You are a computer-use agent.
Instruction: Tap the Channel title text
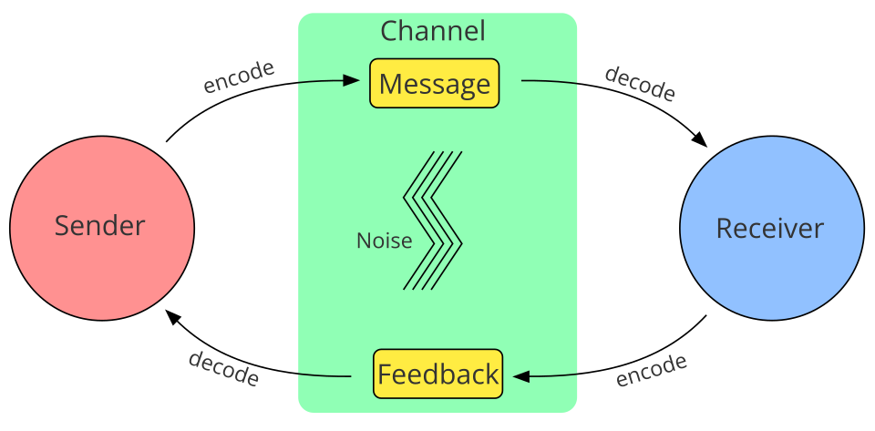click(433, 31)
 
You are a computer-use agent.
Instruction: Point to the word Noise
click(384, 241)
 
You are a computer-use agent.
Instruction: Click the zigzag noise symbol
click(434, 221)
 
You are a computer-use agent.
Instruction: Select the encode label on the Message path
click(239, 77)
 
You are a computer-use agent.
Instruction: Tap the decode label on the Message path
click(640, 84)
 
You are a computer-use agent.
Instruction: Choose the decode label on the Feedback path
click(223, 368)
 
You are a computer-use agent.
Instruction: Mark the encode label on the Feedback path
click(651, 370)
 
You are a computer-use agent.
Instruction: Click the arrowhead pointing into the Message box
click(352, 80)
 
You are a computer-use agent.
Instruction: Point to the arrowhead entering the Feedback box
click(521, 375)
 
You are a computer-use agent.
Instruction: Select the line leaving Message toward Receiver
click(550, 82)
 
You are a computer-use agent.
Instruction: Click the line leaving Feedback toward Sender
click(324, 375)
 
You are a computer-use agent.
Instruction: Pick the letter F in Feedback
click(385, 375)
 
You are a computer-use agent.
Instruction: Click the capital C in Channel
click(389, 31)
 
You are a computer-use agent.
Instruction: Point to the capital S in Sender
click(62, 225)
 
